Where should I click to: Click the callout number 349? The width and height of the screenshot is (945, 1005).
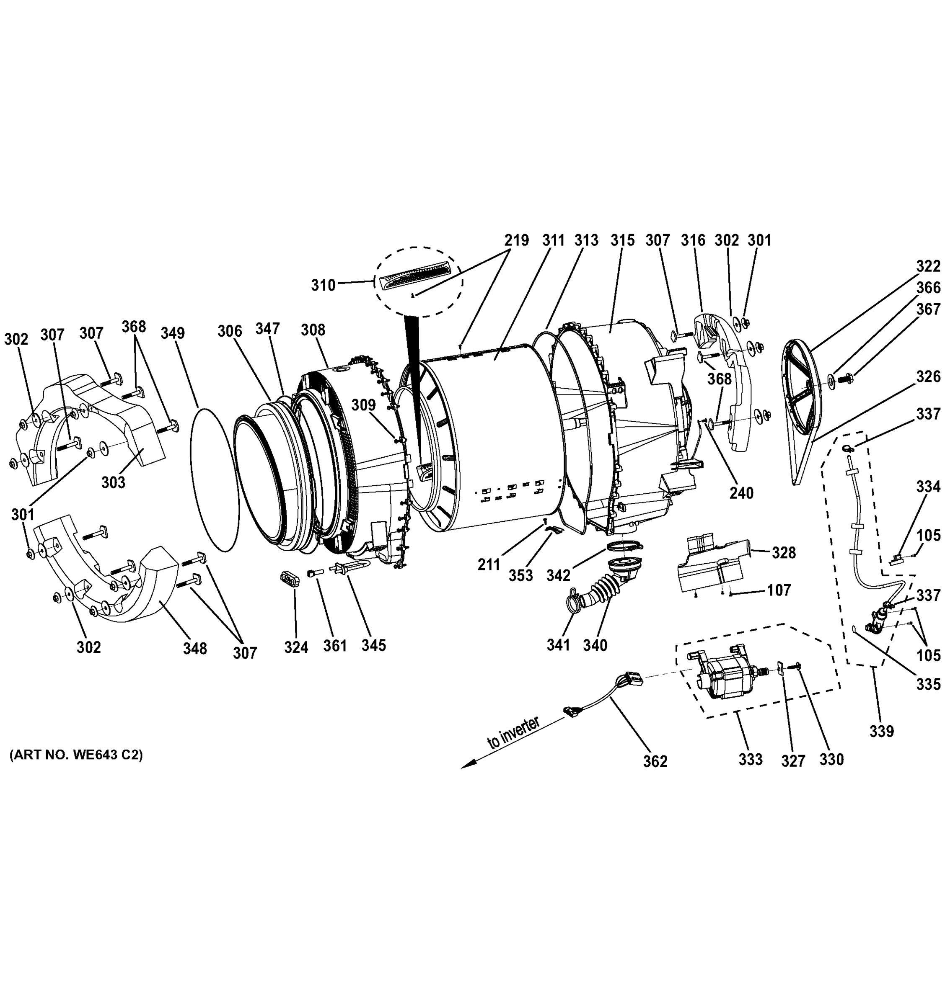click(x=173, y=333)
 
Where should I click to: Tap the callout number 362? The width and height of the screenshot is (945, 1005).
click(x=655, y=775)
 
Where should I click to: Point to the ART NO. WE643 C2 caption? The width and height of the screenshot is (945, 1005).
click(x=76, y=755)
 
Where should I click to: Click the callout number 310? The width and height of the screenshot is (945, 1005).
click(x=323, y=285)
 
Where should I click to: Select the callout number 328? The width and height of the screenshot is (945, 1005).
click(x=784, y=553)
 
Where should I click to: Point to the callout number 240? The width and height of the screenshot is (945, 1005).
click(x=741, y=492)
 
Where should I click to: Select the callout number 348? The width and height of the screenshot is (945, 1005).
click(x=195, y=648)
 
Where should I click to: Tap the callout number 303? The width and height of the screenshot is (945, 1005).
click(x=113, y=482)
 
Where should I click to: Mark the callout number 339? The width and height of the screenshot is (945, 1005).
click(x=882, y=731)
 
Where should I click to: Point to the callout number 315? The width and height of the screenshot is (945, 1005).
click(x=622, y=240)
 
